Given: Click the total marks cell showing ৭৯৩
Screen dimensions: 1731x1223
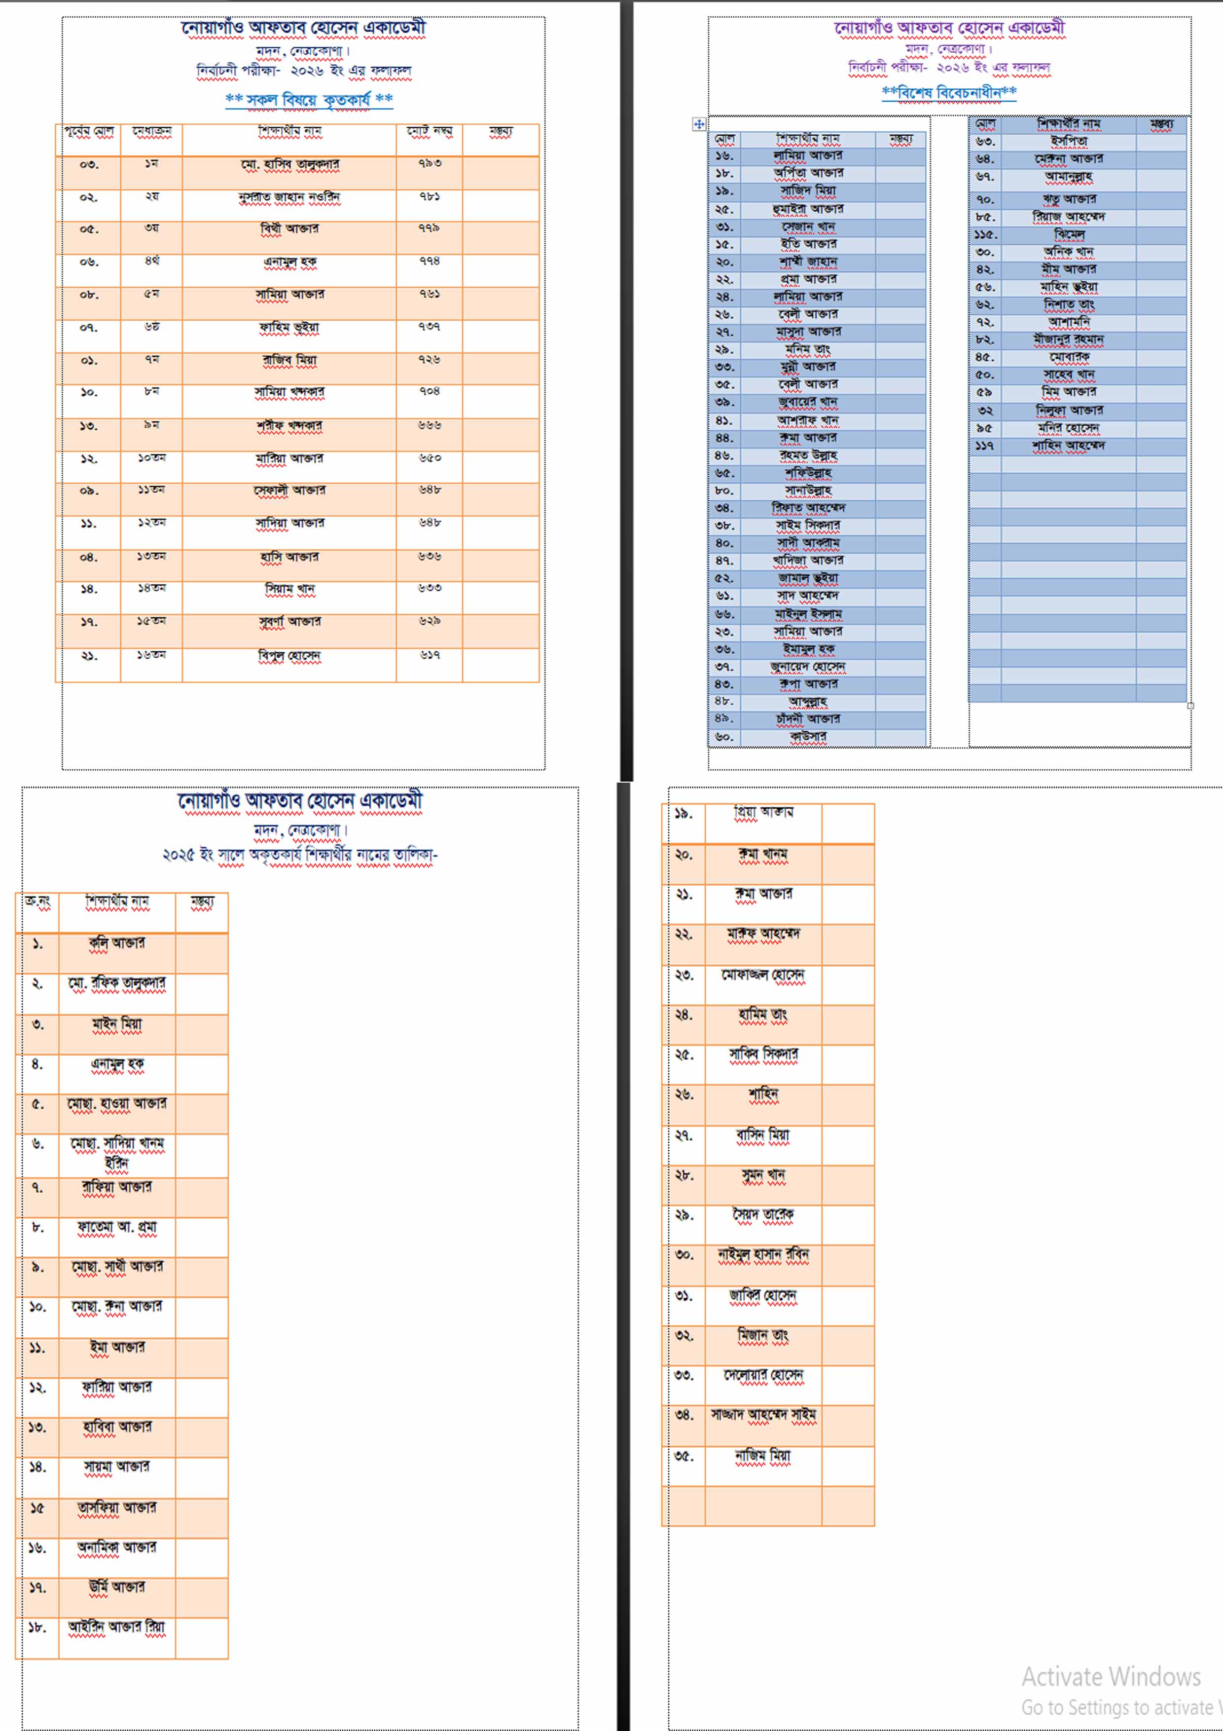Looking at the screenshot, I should pos(430,164).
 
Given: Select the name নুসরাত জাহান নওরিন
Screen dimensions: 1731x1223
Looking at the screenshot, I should pos(289,197).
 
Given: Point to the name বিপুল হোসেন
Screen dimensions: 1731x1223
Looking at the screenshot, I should pos(289,655).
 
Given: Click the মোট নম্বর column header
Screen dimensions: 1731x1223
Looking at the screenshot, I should pos(430,131).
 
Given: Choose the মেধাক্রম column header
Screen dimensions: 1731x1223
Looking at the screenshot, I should pos(151,131).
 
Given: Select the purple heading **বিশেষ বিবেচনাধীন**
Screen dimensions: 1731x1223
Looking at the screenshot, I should pos(949,92).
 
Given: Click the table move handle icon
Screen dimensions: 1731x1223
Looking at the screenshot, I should pos(698,124).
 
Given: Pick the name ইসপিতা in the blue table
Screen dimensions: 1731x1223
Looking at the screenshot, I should pos(1069,141).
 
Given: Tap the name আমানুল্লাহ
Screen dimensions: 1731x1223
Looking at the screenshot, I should pos(1069,177).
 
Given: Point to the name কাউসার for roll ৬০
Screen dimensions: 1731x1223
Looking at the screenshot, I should pos(808,737).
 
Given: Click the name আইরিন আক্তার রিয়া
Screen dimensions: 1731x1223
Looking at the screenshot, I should pos(117,1627).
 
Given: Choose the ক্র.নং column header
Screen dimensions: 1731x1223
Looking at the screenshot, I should pos(37,901).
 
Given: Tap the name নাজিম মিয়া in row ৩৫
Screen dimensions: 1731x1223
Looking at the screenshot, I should pos(762,1456).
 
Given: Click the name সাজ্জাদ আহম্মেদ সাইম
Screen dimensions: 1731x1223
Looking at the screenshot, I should pos(762,1415).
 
